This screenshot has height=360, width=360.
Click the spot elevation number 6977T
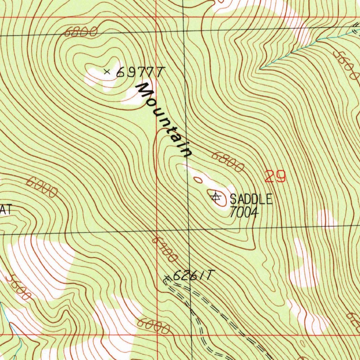(140, 72)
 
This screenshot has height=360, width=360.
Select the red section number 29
(275, 176)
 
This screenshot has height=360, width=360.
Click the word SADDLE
(251, 199)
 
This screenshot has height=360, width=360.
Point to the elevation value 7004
(244, 212)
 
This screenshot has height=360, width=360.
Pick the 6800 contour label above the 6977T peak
(81, 33)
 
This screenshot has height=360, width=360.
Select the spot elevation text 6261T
(193, 276)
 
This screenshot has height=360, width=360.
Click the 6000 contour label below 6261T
(154, 326)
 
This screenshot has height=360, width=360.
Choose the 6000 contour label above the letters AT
(42, 187)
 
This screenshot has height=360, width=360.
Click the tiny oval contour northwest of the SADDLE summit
(198, 180)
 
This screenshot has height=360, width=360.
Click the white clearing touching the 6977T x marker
(98, 77)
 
